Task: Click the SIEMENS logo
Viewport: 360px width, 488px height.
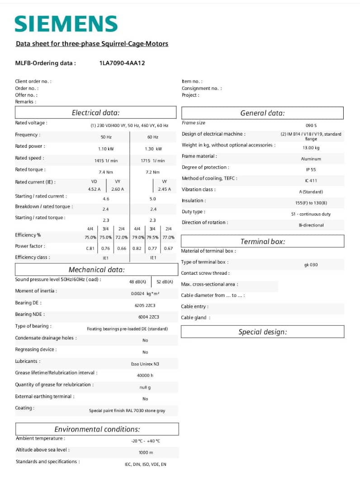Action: point(66,24)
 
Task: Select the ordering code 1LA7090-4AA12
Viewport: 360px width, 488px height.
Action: point(122,63)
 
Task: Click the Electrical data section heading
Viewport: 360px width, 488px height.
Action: point(95,113)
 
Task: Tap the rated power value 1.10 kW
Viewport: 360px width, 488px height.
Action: point(106,149)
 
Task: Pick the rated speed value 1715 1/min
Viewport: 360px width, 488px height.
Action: point(152,160)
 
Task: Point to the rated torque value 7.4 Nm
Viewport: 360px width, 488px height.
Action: point(106,172)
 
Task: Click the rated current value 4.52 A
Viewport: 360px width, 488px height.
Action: point(94,189)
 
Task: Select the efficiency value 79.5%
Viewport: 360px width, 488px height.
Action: point(152,237)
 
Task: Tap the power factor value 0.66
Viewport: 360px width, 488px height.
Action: point(122,249)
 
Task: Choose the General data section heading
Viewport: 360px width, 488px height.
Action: point(262,113)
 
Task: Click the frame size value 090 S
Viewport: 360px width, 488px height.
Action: point(311,125)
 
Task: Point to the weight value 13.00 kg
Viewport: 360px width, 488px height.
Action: point(311,148)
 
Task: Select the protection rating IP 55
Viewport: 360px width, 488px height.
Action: point(311,170)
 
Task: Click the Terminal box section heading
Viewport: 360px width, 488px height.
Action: point(262,241)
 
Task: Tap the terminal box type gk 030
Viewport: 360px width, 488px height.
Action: point(311,265)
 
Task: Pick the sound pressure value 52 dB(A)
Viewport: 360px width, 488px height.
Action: point(165,282)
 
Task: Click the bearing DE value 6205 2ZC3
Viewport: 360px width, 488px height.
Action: point(145,305)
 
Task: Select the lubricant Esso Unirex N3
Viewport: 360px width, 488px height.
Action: point(145,364)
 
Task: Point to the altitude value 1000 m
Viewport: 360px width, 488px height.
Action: point(146,452)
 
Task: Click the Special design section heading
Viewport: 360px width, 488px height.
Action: point(262,332)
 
